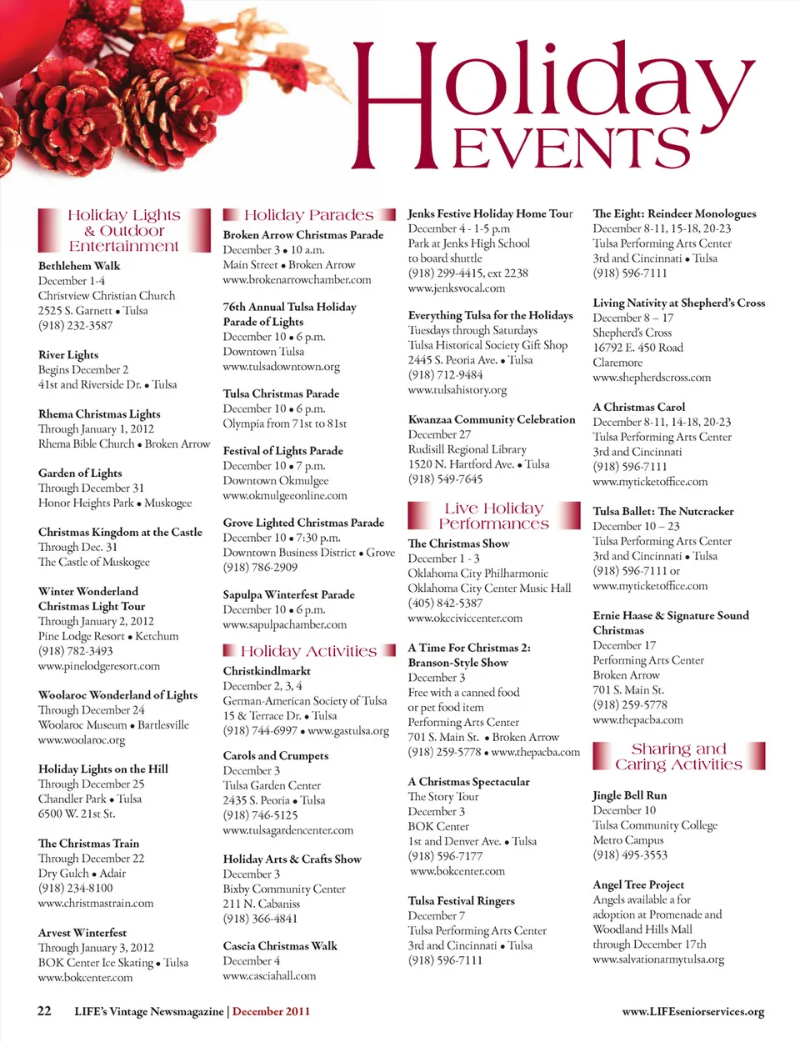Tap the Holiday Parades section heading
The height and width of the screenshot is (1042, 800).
(308, 215)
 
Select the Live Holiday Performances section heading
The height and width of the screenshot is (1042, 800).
(493, 516)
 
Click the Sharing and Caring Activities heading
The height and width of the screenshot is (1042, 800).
(678, 756)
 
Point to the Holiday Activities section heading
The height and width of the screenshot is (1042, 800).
(308, 651)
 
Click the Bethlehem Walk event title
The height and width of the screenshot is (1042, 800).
(79, 266)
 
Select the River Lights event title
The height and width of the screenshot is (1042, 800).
(68, 355)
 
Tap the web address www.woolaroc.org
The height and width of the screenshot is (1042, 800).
(82, 739)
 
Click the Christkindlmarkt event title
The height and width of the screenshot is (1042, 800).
(267, 671)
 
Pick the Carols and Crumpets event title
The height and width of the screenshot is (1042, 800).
(276, 756)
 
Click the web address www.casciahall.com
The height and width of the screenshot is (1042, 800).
(269, 976)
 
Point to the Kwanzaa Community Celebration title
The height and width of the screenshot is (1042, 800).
(492, 420)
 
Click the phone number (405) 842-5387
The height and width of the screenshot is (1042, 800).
(445, 603)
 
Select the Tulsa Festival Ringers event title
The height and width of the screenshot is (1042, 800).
(462, 901)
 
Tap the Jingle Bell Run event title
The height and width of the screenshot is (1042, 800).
(630, 795)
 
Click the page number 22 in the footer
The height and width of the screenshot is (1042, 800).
(44, 1011)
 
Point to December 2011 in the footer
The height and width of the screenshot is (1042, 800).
(271, 1012)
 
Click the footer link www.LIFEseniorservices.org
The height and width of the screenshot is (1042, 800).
(693, 1012)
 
